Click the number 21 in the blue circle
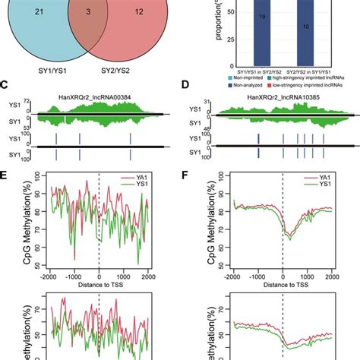27,13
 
